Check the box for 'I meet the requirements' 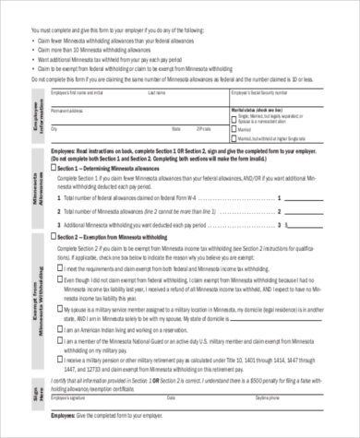pyautogui.click(x=60, y=268)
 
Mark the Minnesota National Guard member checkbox pyautogui.click(x=60, y=342)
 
